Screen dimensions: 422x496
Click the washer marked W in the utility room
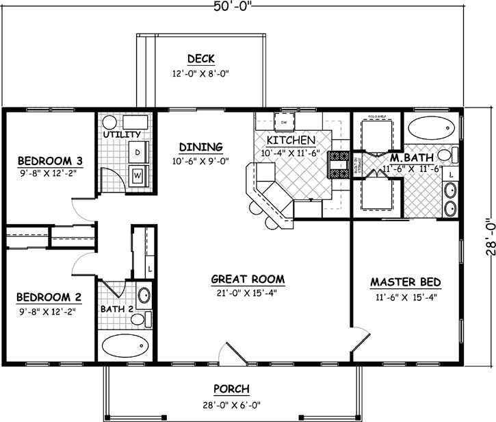click(138, 175)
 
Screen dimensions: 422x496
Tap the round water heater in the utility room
click(109, 123)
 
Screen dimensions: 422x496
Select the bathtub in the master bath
click(431, 128)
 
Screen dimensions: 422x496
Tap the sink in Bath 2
click(144, 296)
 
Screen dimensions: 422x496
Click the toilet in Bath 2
click(139, 319)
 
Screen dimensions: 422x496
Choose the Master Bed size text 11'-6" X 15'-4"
click(405, 297)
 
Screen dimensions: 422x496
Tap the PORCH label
click(230, 389)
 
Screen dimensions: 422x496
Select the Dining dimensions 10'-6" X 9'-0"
click(200, 162)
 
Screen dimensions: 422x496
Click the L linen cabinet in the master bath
click(452, 175)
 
